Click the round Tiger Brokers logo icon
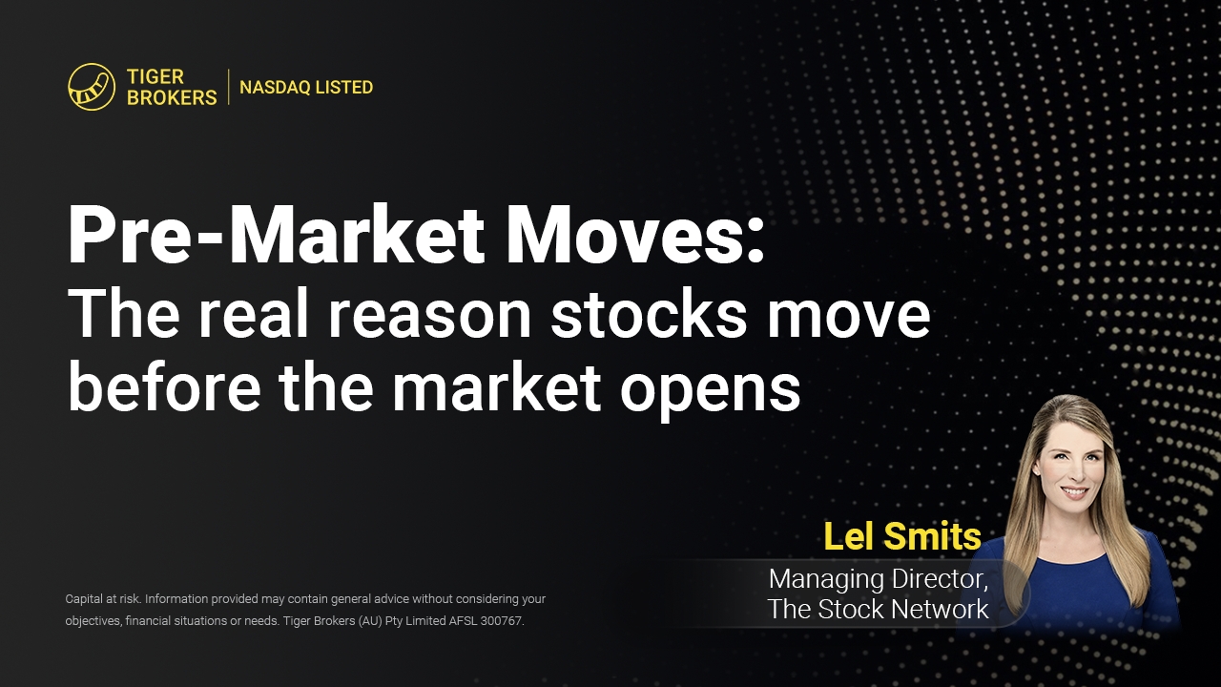(x=92, y=87)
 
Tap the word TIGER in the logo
(x=155, y=76)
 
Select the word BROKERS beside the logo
(x=172, y=97)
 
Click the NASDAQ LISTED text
(x=306, y=87)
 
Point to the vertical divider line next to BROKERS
(x=228, y=87)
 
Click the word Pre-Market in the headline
(x=276, y=236)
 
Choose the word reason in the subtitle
(x=429, y=319)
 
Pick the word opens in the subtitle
(x=711, y=394)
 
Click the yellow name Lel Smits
(x=902, y=536)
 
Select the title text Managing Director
(x=879, y=579)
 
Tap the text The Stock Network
(x=879, y=609)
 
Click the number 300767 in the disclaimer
(x=502, y=621)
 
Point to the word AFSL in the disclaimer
(x=464, y=621)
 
